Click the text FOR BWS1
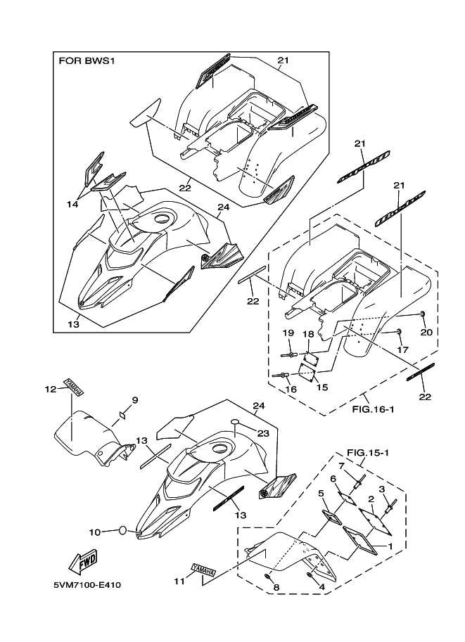(x=86, y=61)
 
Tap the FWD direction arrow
(x=84, y=562)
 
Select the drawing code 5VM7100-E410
(x=90, y=586)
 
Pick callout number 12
(x=49, y=389)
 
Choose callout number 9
(x=134, y=400)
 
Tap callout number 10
(x=95, y=532)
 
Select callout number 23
(x=262, y=434)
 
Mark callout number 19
(x=288, y=333)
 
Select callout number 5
(x=320, y=493)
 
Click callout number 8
(x=276, y=587)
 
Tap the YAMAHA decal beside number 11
(x=203, y=570)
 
